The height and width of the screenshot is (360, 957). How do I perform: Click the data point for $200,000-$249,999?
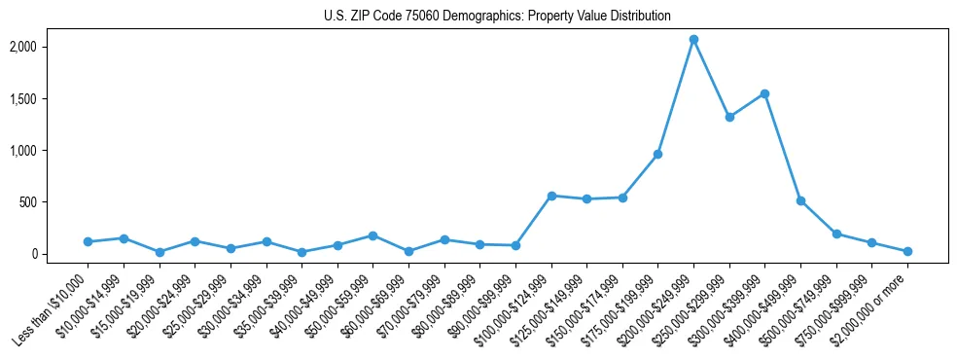(693, 40)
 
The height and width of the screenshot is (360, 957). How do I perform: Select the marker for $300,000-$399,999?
(764, 94)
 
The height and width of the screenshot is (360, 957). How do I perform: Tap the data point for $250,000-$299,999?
(729, 117)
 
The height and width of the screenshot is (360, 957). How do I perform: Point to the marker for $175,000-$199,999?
(657, 154)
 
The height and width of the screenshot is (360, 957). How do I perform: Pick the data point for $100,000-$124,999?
(551, 196)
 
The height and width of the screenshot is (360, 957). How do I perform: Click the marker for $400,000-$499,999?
(800, 200)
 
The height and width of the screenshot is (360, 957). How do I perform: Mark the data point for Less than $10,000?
(88, 241)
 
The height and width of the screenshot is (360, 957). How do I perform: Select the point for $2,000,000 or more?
(907, 251)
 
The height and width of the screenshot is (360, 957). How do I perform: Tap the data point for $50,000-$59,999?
(372, 235)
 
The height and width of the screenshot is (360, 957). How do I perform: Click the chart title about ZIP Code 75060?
(497, 17)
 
